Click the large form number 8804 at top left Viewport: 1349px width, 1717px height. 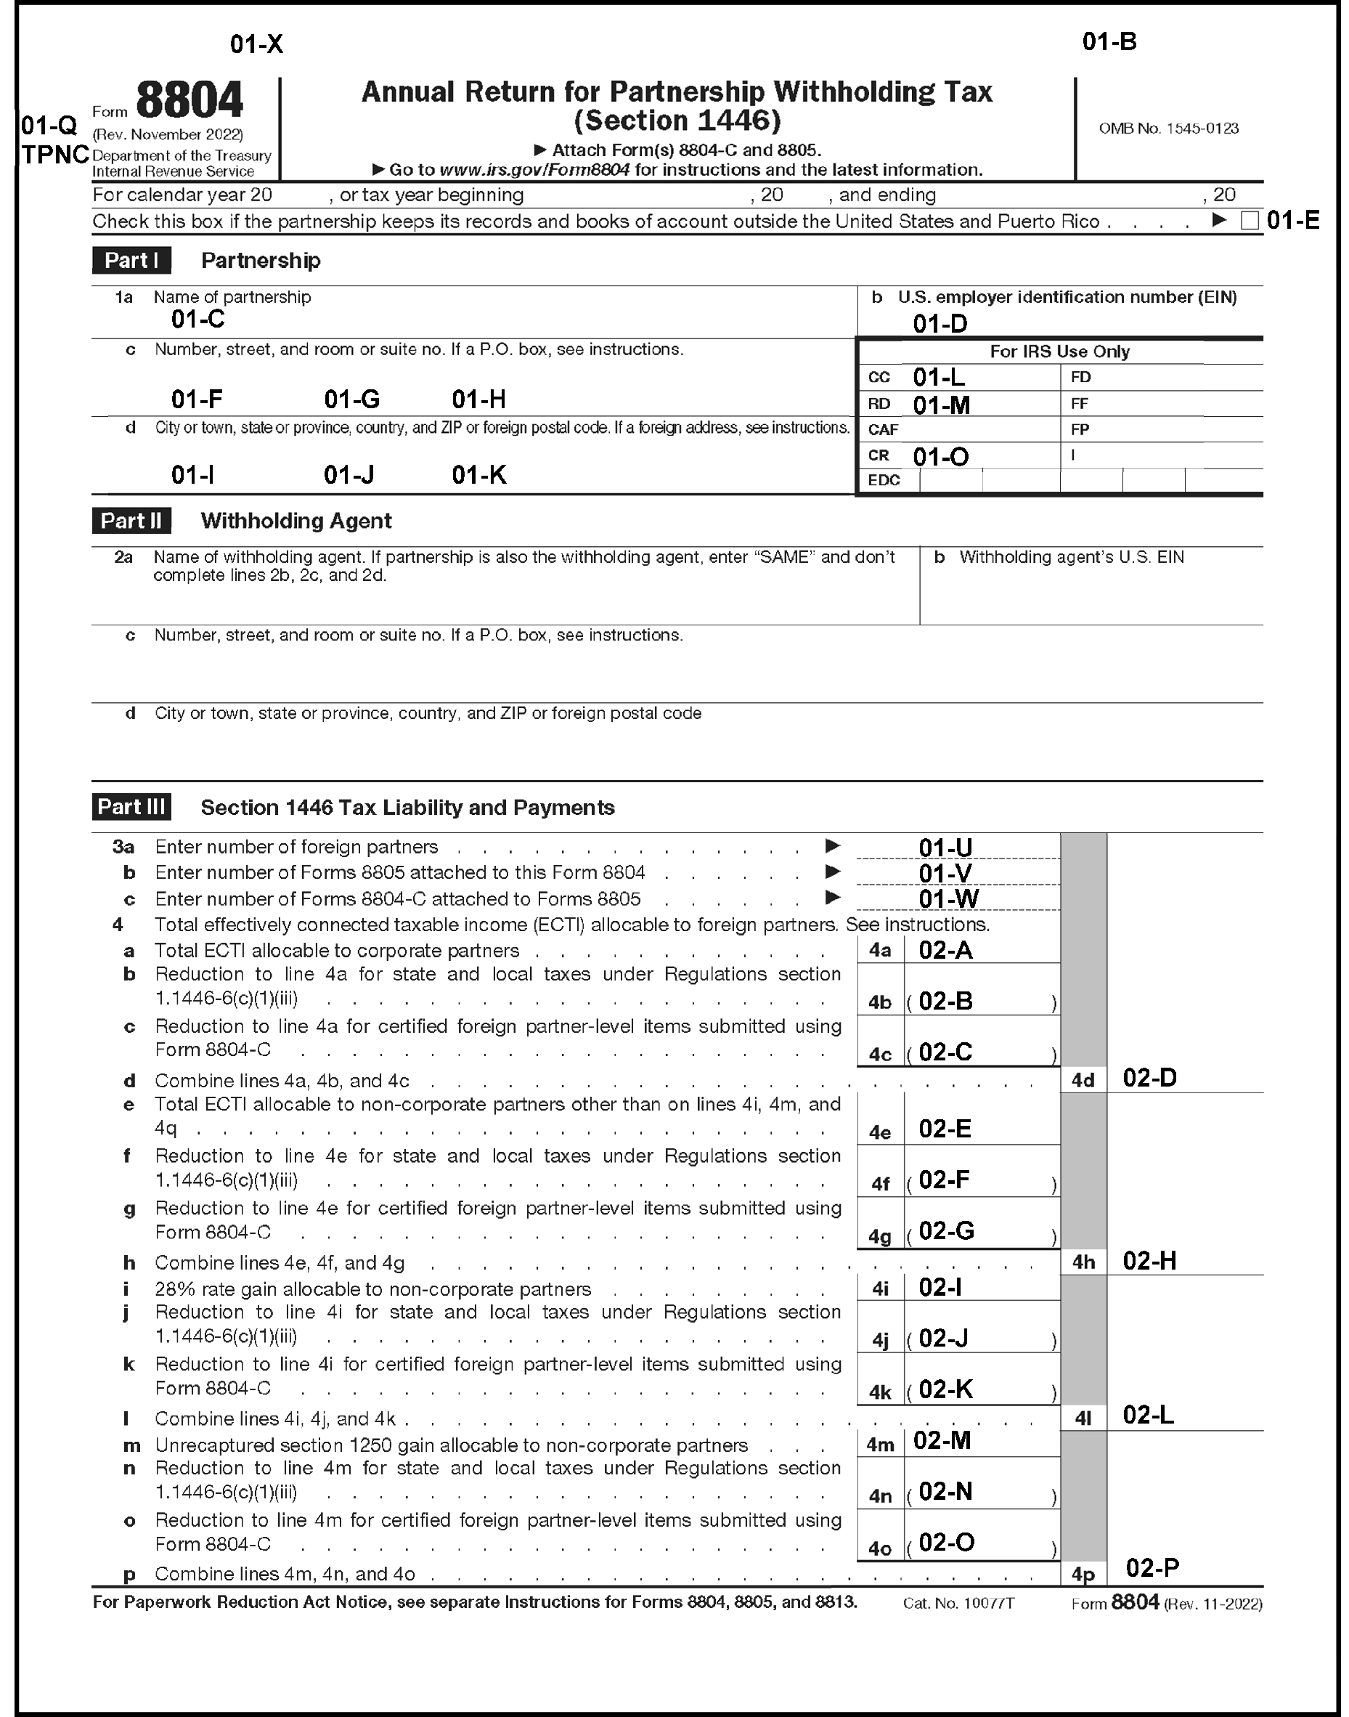pos(189,101)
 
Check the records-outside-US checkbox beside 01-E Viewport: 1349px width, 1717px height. pos(1250,222)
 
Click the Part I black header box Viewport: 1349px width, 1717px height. pos(131,261)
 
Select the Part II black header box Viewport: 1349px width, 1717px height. pos(131,521)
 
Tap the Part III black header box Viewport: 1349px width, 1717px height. pos(131,807)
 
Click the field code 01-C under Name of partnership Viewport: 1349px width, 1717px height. pos(198,320)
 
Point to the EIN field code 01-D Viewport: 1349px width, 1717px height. pos(940,323)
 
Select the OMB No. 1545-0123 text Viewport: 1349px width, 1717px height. pos(1168,129)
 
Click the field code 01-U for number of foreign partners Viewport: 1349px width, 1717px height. pos(945,848)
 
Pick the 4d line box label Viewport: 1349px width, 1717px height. pos(1083,1080)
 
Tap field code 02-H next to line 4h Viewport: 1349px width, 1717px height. pos(1149,1261)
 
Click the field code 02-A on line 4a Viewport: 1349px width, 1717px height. pos(945,951)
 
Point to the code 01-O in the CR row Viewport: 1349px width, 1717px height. pos(941,457)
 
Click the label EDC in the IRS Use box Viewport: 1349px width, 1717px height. pos(884,480)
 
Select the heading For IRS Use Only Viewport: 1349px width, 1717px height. pos(1059,352)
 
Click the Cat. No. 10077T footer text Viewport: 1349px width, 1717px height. pos(959,1603)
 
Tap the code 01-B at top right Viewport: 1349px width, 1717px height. pos(1109,42)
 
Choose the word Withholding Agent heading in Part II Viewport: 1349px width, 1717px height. pos(296,521)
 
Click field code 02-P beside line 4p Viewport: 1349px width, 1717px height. pos(1152,1567)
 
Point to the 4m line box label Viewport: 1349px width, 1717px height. pos(880,1445)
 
